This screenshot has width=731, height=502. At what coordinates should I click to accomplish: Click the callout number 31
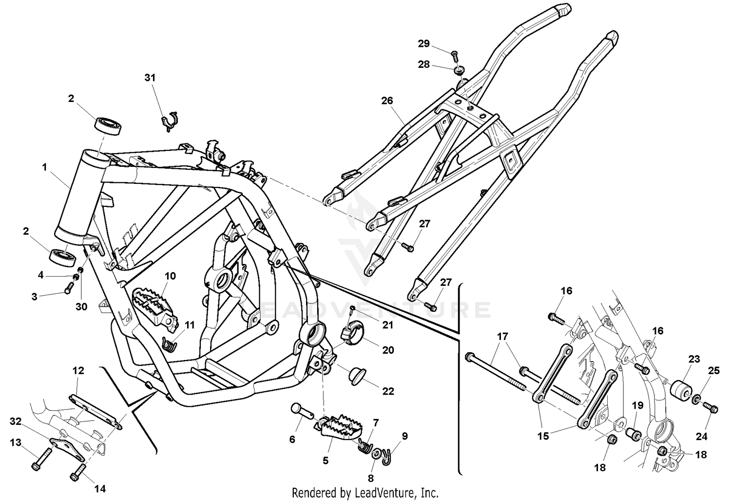tap(150, 78)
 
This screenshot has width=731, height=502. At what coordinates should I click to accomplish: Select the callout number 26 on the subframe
tap(386, 101)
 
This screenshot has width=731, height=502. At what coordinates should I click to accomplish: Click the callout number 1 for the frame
tap(44, 167)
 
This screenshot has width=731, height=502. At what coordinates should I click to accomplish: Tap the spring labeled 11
tap(169, 344)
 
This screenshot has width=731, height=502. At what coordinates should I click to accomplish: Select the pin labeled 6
tap(302, 410)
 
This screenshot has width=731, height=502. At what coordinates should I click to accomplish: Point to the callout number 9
tap(404, 436)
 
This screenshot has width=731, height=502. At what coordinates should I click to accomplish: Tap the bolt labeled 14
tap(77, 472)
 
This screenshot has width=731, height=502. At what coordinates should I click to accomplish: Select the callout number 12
tap(78, 371)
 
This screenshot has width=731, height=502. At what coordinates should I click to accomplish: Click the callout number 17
tap(502, 336)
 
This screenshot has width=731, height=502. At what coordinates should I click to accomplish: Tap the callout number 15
tap(542, 436)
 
